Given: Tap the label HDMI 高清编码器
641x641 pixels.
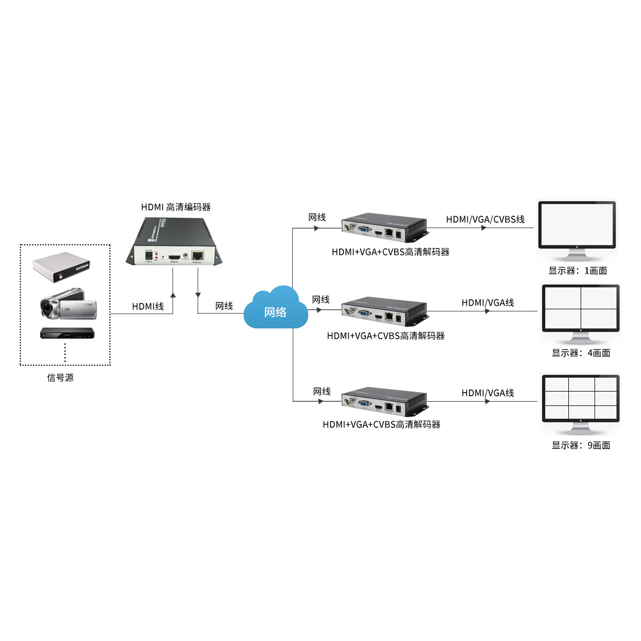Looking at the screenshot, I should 176,207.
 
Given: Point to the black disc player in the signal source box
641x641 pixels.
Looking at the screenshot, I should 67,333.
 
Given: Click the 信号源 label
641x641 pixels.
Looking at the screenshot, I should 60,378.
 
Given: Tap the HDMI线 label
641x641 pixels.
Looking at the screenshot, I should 148,306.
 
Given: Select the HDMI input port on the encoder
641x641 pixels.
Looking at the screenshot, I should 174,258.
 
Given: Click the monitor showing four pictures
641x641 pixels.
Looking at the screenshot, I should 581,312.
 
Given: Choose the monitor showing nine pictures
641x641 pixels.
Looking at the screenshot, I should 581,402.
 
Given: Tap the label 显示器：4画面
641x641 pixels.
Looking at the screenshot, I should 581,353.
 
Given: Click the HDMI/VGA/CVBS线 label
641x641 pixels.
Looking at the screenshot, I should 485,219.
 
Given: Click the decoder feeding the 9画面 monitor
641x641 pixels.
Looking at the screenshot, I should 385,402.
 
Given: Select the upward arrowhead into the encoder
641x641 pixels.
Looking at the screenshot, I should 173,294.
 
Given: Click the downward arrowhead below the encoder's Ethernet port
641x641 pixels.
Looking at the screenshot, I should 198,294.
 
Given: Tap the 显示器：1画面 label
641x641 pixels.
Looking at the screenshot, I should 577,271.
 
